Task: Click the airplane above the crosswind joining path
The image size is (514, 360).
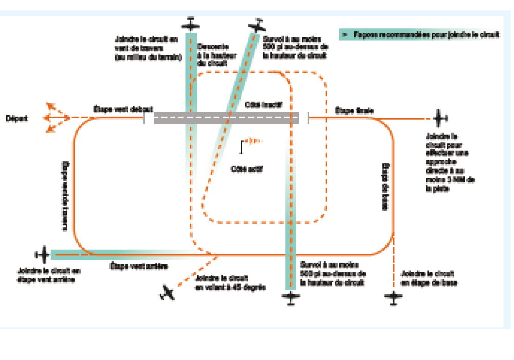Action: click(x=191, y=24)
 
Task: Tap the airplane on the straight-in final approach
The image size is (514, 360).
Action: click(x=440, y=118)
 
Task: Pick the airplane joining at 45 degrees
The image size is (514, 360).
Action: click(x=167, y=293)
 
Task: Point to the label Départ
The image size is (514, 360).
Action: click(x=17, y=118)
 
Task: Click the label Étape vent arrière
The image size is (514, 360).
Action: click(x=139, y=266)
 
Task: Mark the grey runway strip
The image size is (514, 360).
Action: click(x=226, y=118)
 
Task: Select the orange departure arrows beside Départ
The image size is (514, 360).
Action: click(x=56, y=118)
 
